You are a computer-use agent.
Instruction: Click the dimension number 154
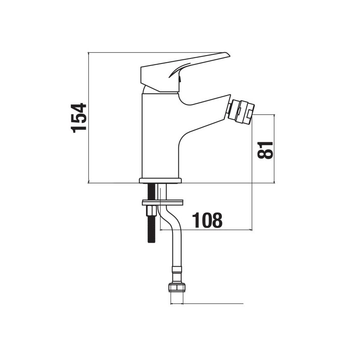pos(79,117)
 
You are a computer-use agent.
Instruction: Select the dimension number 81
pos(266,149)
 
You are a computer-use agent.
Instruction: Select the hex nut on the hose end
pos(176,288)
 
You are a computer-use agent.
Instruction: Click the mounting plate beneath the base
pos(163,202)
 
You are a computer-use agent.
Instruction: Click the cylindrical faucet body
pos(160,137)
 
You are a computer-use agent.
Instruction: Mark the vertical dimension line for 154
pos(89,117)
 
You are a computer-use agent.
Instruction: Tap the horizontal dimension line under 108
pos(207,229)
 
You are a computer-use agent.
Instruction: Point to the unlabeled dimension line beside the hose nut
pos(212,304)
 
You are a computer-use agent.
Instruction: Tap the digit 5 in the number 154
pos(79,117)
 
